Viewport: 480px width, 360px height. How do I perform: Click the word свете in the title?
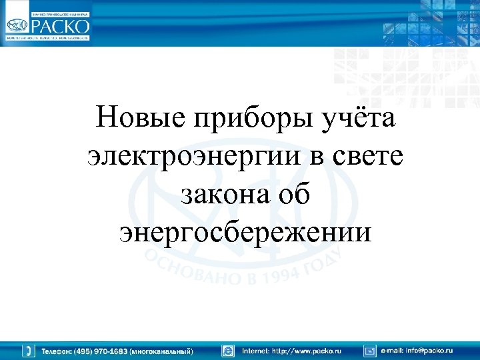click(371, 158)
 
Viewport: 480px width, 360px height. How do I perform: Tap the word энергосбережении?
click(245, 233)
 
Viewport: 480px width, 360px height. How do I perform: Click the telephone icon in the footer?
click(29, 350)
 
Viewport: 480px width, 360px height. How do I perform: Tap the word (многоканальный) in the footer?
click(162, 351)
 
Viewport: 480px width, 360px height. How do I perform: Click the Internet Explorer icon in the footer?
click(229, 350)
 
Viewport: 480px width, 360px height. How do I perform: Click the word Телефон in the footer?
click(57, 351)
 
